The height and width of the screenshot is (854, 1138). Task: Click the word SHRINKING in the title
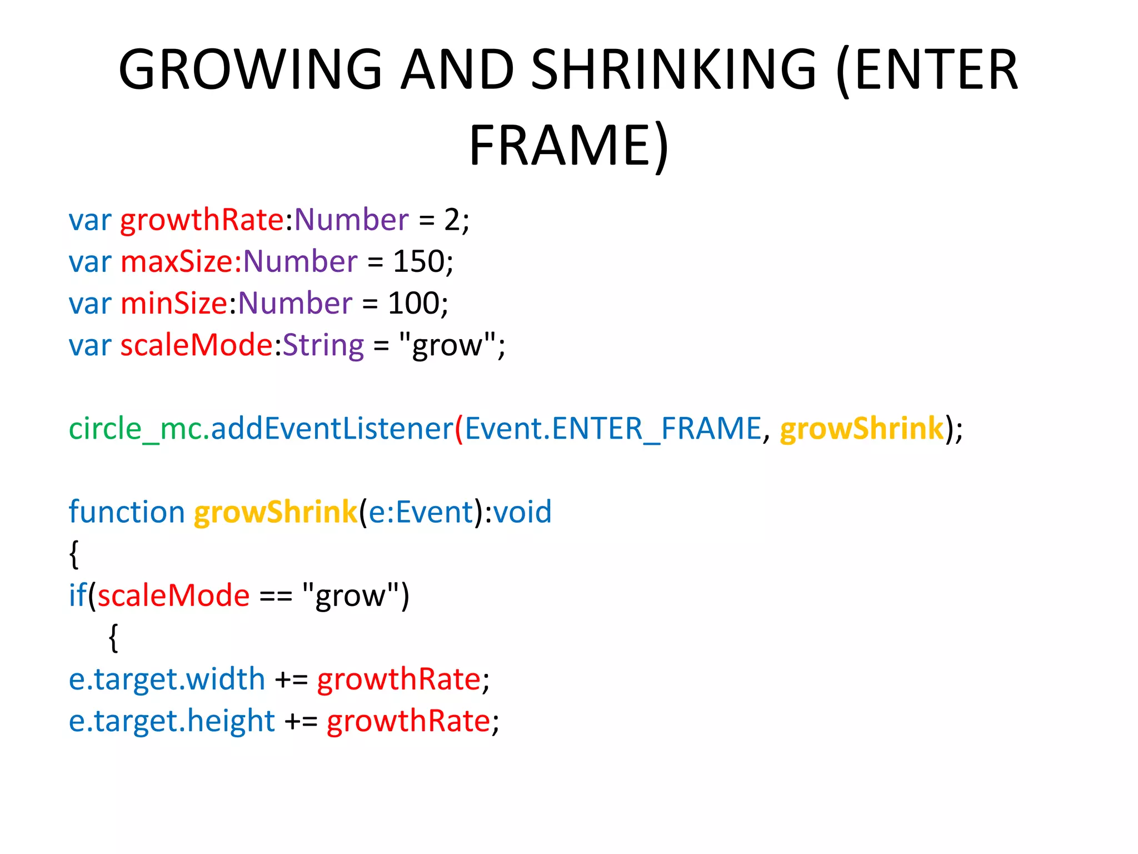[673, 69]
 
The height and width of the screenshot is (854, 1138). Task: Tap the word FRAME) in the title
[569, 146]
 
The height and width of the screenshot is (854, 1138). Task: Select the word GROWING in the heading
[250, 69]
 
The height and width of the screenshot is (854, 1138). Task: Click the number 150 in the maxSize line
[418, 261]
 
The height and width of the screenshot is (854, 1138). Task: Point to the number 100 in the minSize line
[413, 303]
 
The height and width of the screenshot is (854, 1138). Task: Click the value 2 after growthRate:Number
[452, 220]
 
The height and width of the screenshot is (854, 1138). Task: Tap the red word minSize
[174, 303]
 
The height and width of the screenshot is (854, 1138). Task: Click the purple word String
[323, 345]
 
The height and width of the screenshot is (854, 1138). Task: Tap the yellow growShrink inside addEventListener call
[862, 429]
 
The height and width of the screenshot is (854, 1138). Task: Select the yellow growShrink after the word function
[275, 512]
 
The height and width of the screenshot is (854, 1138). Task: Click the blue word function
[127, 512]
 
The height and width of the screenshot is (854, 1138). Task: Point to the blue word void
[522, 512]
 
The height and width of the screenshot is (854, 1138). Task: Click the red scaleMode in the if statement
[173, 595]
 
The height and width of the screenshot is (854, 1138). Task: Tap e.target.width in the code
[167, 679]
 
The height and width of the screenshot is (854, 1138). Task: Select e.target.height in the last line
[172, 721]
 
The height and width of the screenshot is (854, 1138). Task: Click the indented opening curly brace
[113, 637]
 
